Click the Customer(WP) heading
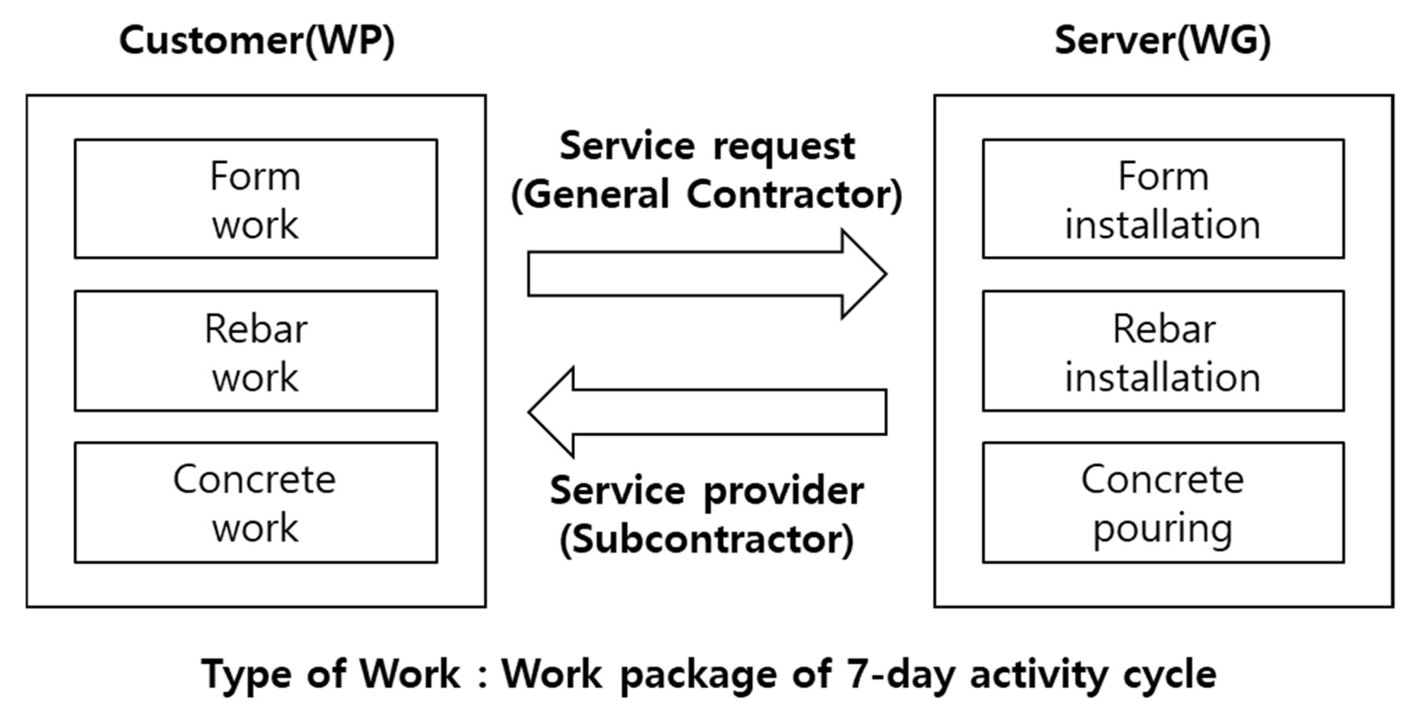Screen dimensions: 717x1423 tap(257, 41)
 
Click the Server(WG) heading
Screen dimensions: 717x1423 tap(1162, 41)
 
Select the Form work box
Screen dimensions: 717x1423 tap(256, 199)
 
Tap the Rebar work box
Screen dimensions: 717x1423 tap(256, 351)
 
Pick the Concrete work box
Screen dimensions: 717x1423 tap(256, 502)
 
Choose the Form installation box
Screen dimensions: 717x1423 tap(1163, 199)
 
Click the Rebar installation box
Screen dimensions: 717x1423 tap(1163, 351)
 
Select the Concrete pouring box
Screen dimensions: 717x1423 tap(1163, 502)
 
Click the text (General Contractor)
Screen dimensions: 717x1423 tap(706, 195)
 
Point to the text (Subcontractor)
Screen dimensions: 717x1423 tap(706, 539)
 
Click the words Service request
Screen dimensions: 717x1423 tap(706, 146)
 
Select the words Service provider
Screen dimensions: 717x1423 tap(706, 491)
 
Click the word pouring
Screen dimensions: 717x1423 tap(1163, 529)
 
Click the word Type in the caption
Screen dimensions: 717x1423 tap(246, 675)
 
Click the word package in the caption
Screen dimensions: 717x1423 tap(698, 675)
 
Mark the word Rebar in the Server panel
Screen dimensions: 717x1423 tap(1164, 329)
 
